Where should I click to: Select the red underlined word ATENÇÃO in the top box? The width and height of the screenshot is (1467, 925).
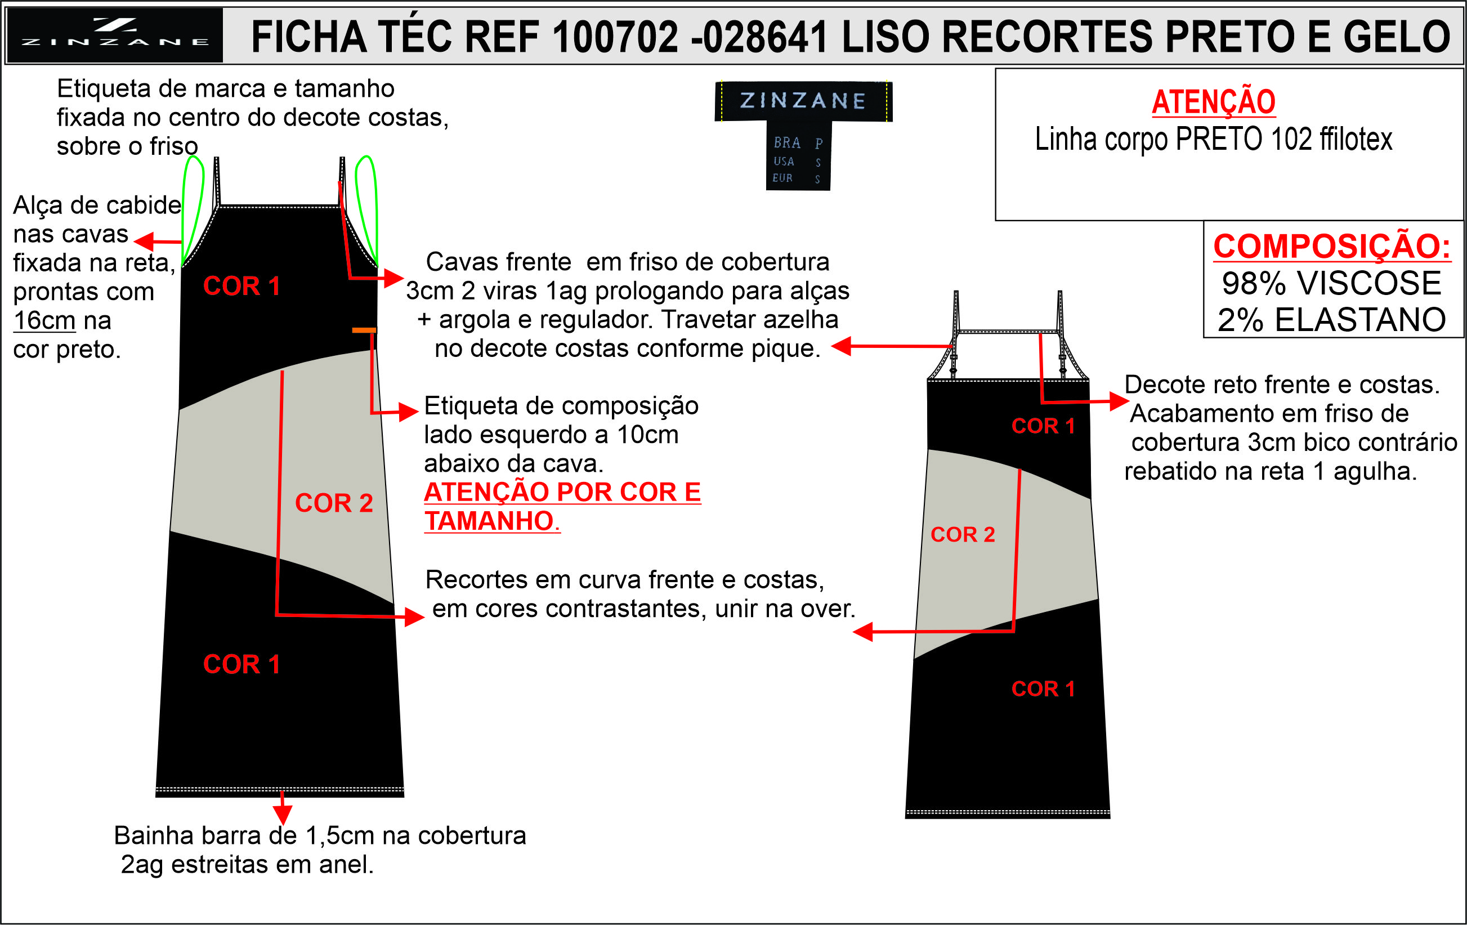1213,102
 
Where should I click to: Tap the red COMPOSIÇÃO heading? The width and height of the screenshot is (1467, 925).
1332,246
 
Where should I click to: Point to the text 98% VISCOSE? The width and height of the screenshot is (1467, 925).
1332,283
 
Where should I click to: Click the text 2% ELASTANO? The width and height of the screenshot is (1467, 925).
1332,320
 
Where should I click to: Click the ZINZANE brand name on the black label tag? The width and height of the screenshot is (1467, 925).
803,101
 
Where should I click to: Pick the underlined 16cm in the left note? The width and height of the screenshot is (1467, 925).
44,320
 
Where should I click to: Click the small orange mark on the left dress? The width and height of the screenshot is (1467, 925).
364,330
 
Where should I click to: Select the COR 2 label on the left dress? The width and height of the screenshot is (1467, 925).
334,503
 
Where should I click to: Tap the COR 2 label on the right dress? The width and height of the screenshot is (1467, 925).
963,534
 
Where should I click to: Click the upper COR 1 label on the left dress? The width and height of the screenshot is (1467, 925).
241,286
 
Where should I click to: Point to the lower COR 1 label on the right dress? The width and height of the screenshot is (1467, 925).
1043,689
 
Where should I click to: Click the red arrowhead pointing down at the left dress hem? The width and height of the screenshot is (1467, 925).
283,814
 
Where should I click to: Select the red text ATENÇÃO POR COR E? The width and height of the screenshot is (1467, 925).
562,493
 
